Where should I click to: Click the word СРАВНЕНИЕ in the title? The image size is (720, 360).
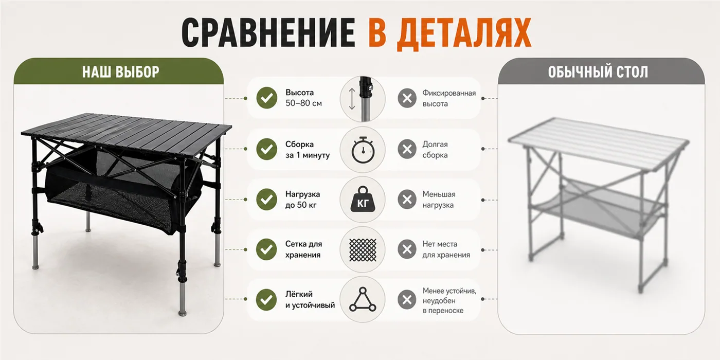tap(268, 32)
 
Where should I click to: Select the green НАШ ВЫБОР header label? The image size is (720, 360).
tap(120, 71)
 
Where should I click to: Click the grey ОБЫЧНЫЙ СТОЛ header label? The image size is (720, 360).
tap(598, 71)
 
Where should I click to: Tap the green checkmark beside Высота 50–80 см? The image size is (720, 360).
tap(267, 98)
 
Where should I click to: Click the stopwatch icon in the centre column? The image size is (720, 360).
tap(363, 150)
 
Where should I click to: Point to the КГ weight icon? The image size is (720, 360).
tap(363, 199)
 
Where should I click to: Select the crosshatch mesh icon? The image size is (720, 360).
tap(363, 249)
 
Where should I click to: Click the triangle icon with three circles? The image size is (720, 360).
tap(363, 299)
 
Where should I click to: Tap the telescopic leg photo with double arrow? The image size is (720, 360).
tap(363, 99)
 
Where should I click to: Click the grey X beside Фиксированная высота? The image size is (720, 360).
tap(407, 98)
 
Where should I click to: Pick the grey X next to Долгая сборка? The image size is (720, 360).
tap(407, 149)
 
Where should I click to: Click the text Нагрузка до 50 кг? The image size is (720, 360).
tap(302, 200)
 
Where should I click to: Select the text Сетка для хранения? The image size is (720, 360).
tap(303, 249)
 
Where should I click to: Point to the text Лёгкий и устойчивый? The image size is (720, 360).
tap(310, 299)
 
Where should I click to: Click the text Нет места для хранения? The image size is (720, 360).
tap(446, 249)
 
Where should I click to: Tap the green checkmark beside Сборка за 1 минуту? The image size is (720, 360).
tap(267, 149)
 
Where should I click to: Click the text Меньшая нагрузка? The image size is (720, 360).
tap(439, 200)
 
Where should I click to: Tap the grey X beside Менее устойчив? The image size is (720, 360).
tap(407, 299)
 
